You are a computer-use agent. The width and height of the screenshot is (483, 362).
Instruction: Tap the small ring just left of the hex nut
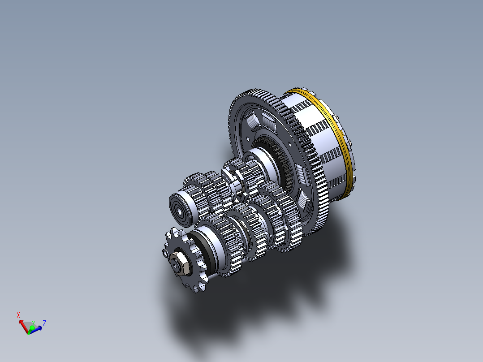[165, 254]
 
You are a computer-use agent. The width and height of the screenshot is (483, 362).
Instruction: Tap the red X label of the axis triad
[18, 315]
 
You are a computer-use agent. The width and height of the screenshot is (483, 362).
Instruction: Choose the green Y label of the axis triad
[33, 323]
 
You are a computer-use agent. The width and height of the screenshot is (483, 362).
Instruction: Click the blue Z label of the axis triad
[44, 323]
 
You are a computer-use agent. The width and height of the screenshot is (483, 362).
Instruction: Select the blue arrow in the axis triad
[37, 328]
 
